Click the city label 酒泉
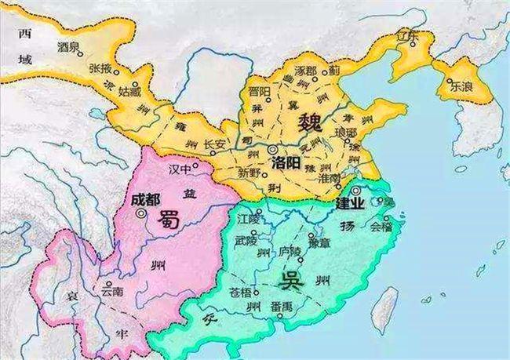pyautogui.click(x=67, y=47)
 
